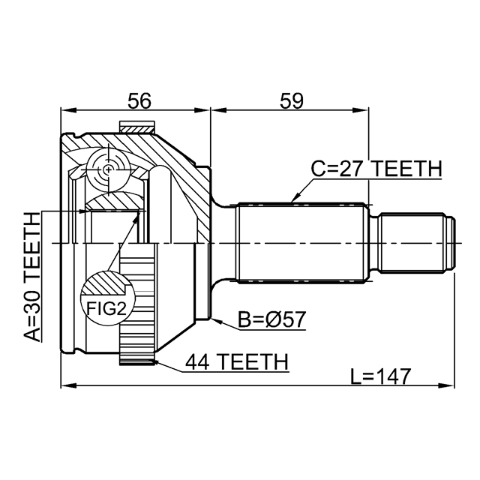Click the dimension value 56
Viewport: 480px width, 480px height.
point(139,101)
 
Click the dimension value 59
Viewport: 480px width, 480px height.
point(292,101)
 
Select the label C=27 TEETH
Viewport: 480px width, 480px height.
point(376,169)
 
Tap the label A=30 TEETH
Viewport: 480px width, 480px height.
point(32,277)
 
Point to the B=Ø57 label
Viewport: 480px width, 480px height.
point(272,319)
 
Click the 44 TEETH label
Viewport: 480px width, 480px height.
point(237,361)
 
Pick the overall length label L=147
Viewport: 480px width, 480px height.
point(380,376)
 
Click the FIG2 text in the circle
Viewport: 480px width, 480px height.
point(106,308)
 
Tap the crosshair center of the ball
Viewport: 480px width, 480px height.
point(108,169)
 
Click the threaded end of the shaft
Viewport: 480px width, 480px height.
point(417,243)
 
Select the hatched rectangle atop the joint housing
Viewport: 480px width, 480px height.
point(136,127)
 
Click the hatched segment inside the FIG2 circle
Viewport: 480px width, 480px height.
point(106,283)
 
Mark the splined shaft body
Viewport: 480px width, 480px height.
point(303,243)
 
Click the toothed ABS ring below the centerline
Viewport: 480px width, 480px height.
point(137,304)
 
